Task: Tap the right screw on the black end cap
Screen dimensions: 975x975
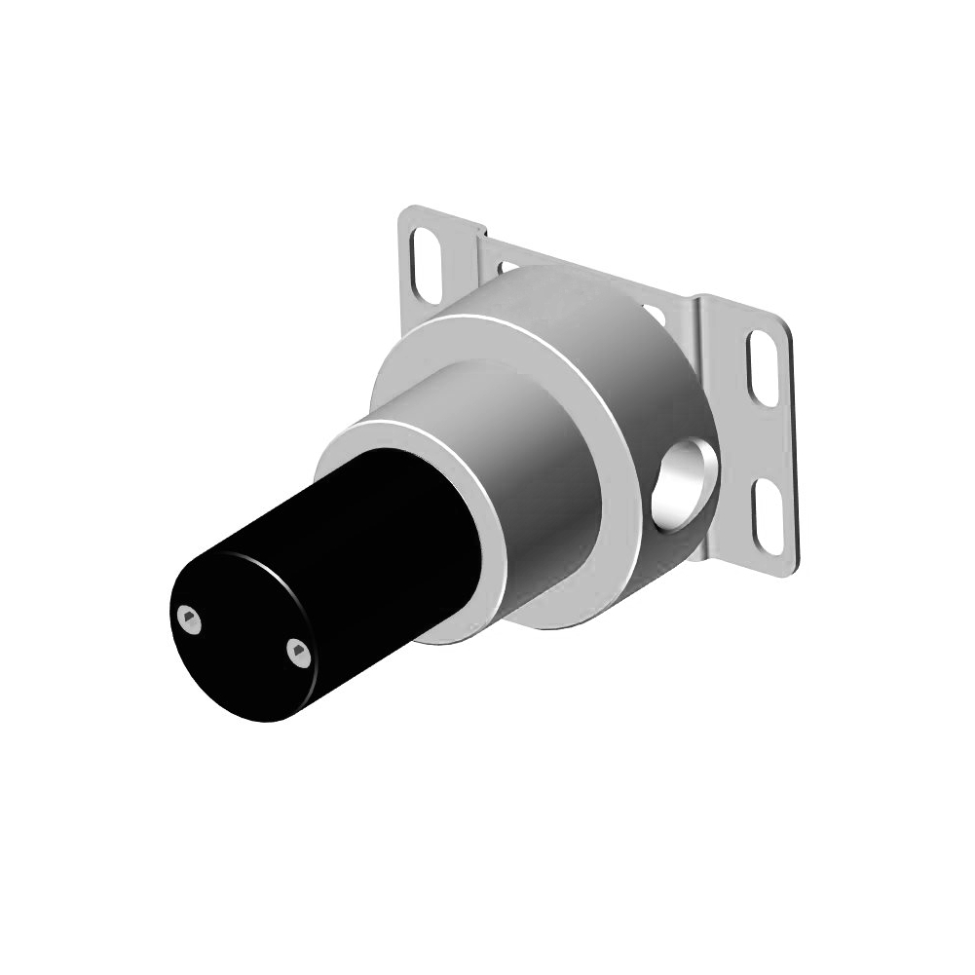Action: [299, 654]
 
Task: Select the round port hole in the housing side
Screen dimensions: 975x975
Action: [681, 481]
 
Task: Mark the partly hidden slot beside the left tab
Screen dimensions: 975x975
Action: [507, 265]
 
